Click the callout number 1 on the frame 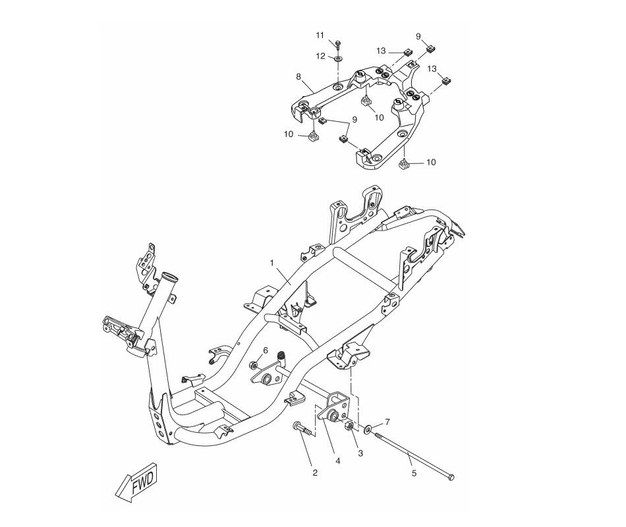pos(271,262)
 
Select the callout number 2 pos(315,472)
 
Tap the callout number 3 pos(360,453)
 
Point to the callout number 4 pos(337,461)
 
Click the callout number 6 pos(266,350)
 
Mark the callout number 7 pos(387,421)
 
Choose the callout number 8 pos(299,76)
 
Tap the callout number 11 pos(320,34)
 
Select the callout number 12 pos(320,56)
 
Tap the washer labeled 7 pos(368,429)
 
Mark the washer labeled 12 pos(337,59)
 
